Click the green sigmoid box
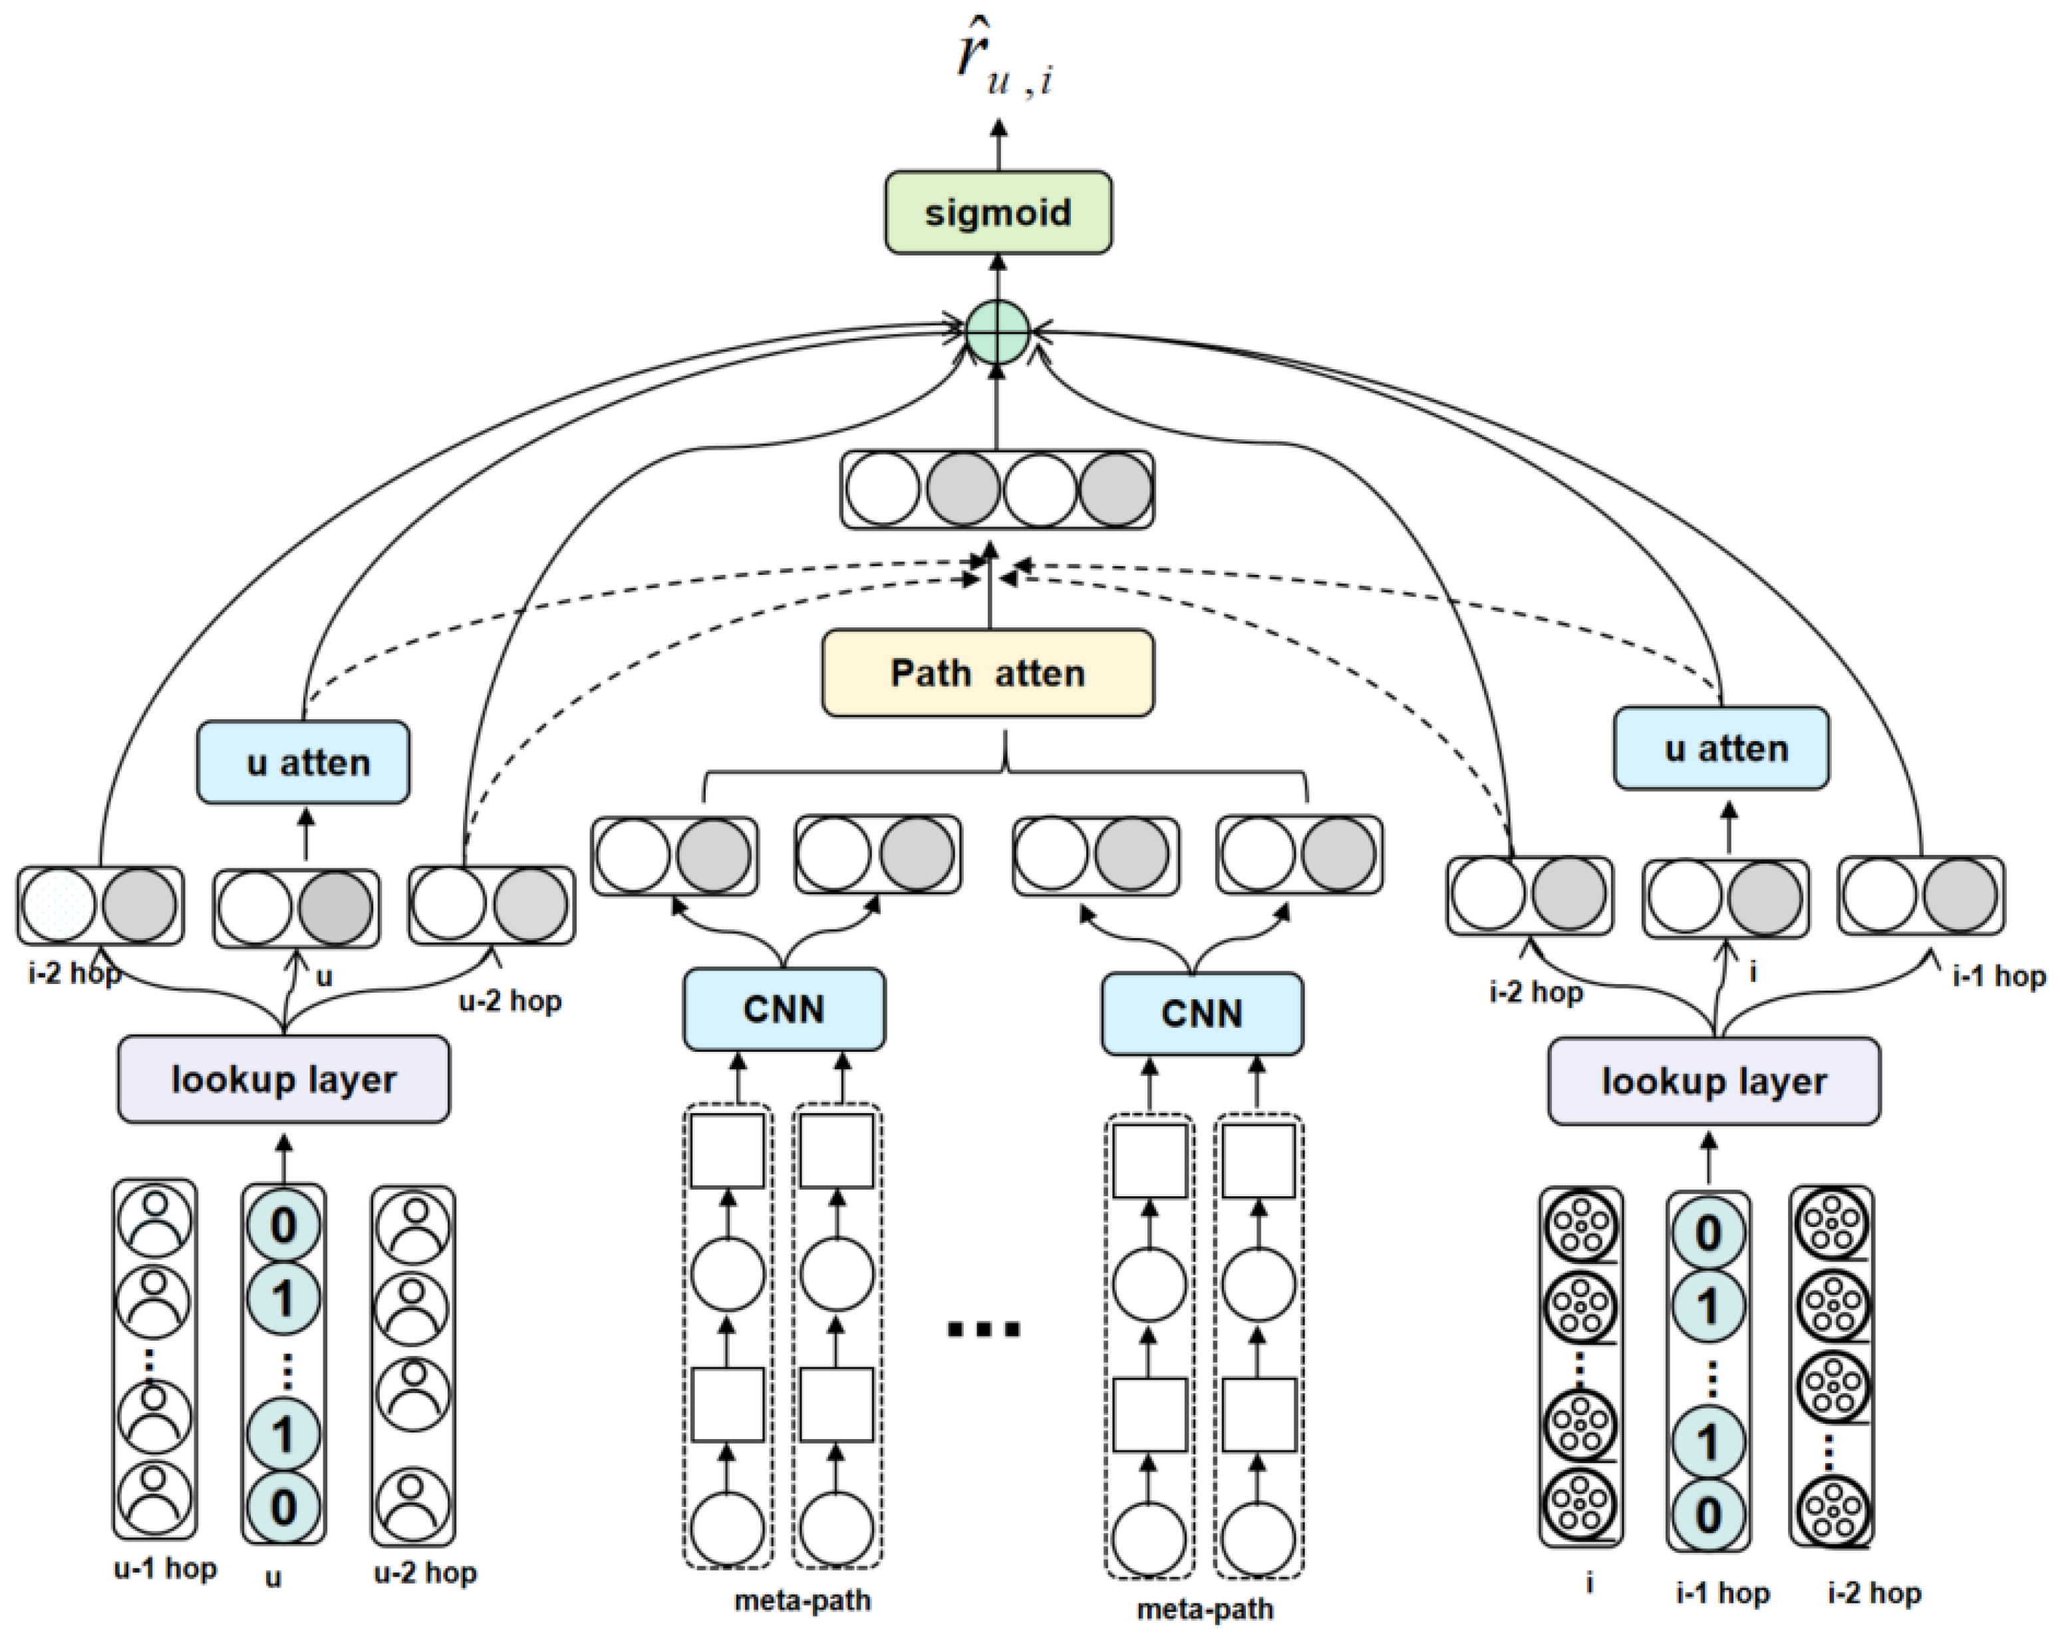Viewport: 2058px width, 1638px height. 998,212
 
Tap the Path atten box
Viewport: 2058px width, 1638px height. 987,673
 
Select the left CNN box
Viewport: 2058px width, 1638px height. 784,1009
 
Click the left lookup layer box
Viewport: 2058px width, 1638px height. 283,1080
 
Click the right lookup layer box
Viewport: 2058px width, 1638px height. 1713,1082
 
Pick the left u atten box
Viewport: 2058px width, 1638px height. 303,762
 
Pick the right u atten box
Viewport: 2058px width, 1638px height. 1721,748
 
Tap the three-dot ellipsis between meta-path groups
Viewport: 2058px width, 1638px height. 983,1328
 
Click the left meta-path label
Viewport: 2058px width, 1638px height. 802,1600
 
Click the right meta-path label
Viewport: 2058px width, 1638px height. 1205,1609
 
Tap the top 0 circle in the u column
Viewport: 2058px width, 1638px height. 283,1225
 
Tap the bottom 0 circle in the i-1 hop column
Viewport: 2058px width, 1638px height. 1707,1515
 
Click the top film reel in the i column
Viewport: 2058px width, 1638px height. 1580,1227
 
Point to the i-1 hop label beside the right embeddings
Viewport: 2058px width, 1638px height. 1998,975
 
